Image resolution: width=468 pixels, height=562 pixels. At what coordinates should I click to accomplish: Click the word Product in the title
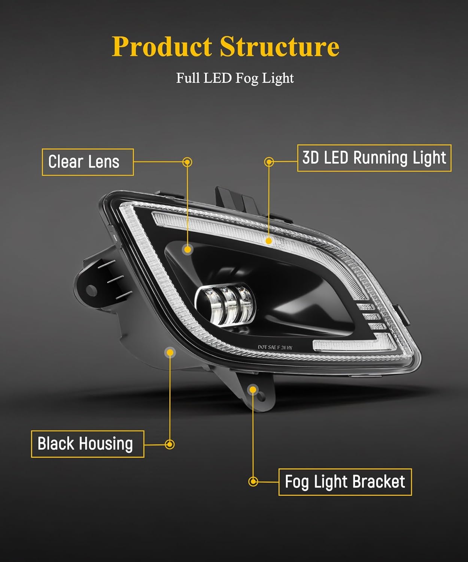[162, 47]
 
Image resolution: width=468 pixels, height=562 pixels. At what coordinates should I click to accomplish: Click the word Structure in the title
[279, 47]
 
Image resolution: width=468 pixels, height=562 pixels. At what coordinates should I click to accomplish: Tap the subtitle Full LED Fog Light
[235, 78]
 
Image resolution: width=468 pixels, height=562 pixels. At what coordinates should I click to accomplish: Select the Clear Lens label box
[88, 162]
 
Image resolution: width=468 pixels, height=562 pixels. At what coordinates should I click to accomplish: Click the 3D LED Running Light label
[374, 158]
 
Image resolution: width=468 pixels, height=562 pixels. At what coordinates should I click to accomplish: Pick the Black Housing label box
[88, 444]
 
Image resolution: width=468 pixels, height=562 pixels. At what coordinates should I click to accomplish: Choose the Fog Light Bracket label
[345, 482]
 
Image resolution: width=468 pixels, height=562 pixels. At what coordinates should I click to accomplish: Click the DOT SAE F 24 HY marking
[275, 347]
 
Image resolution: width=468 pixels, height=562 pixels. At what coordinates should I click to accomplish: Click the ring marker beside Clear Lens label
[187, 162]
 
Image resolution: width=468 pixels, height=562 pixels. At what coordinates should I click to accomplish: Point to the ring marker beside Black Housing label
[170, 444]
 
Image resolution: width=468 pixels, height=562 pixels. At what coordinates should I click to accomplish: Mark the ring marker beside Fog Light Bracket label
[253, 481]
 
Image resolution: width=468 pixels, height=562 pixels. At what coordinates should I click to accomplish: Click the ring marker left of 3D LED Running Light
[269, 162]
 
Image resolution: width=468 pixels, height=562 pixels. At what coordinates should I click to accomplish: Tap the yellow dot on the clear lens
[187, 249]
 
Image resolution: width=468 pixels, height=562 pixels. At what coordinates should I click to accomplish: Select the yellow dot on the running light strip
[268, 241]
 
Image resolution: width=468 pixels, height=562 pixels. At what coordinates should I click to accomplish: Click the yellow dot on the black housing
[170, 352]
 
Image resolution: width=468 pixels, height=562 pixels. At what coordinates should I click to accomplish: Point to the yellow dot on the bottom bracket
[253, 390]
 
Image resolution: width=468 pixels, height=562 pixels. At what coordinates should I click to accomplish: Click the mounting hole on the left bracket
[91, 290]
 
